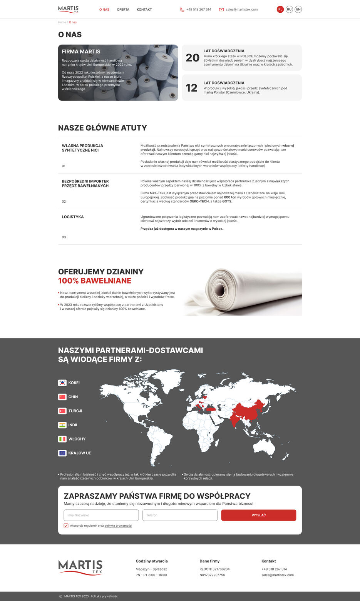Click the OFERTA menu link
pos(123,10)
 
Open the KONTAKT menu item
pos(144,10)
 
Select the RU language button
pos(289,9)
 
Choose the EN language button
pos(298,9)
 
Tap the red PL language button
pos(280,9)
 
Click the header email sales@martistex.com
pos(241,10)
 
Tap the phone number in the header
pos(198,10)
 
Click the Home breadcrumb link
pos(62,22)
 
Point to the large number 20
pos(193,58)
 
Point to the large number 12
pos(191,88)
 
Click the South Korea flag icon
pos(62,383)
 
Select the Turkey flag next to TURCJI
pos(62,411)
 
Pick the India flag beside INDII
pos(62,425)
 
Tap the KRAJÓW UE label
pos(80,453)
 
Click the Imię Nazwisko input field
pos(101,515)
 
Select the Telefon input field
pos(180,515)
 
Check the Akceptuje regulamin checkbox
pos(66,526)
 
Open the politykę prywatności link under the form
pos(118,526)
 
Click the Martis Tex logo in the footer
pos(80,568)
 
